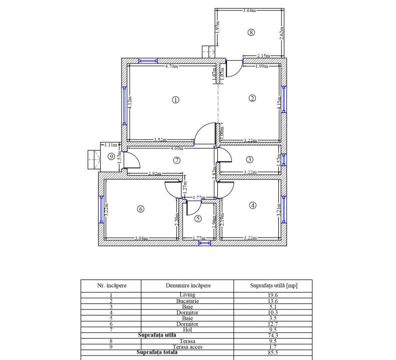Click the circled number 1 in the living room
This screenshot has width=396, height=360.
175,99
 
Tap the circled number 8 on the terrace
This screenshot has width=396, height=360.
251,32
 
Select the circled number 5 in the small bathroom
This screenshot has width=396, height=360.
198,218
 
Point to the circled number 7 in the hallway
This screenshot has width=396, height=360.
176,160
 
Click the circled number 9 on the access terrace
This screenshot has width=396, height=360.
111,156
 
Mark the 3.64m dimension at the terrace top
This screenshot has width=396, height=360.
249,10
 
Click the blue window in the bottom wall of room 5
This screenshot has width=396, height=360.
204,243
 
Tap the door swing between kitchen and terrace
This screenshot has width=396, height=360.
233,69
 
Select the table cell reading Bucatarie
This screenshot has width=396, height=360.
187,301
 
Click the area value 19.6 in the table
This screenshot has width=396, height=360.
273,295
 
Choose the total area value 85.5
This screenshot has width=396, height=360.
273,352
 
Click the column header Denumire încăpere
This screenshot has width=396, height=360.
188,285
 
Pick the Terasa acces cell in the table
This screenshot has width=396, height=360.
187,347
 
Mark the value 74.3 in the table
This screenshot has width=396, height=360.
273,335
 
